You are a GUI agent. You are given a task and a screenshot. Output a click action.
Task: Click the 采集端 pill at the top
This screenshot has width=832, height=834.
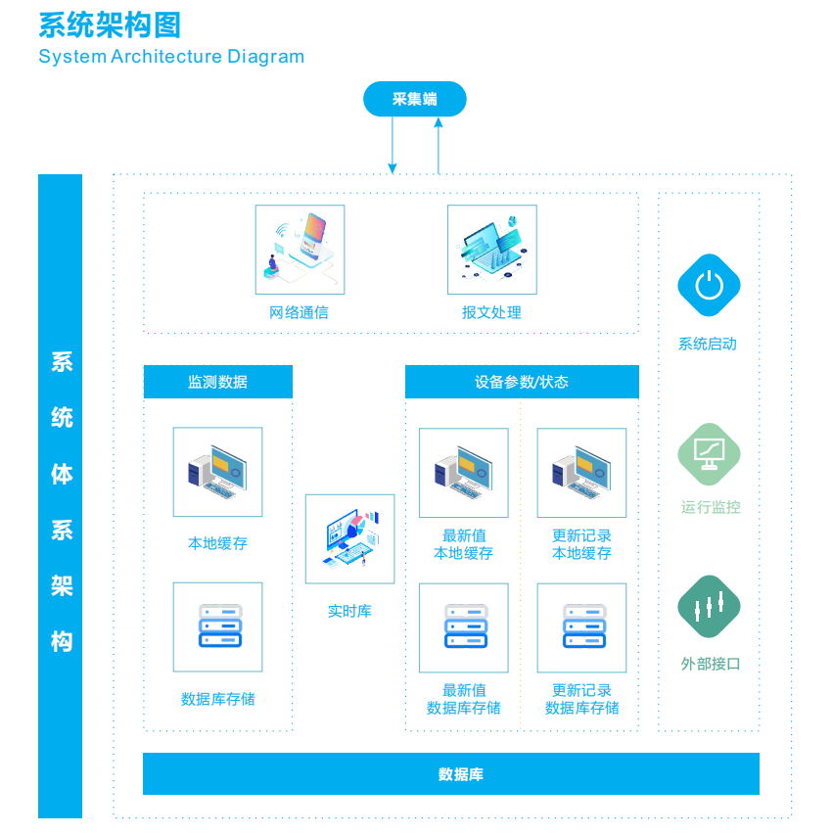click(414, 99)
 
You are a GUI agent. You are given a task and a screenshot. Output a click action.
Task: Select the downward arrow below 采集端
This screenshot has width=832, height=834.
click(393, 145)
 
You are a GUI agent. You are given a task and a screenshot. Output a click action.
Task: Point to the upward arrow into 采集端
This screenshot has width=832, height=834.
click(439, 146)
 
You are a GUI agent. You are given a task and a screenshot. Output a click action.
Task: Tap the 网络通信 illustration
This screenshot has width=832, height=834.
click(300, 250)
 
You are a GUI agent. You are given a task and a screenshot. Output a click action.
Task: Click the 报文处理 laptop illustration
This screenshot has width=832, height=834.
click(492, 250)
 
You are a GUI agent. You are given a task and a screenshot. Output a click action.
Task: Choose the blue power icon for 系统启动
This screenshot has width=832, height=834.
click(709, 285)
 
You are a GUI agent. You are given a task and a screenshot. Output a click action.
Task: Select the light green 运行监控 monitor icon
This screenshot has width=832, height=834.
click(709, 454)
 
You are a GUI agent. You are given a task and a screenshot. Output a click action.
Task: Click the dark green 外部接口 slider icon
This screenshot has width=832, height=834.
click(709, 606)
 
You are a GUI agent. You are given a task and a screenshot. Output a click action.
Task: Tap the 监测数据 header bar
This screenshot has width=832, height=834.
click(218, 382)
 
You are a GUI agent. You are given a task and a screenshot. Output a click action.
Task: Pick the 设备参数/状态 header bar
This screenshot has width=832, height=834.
click(522, 382)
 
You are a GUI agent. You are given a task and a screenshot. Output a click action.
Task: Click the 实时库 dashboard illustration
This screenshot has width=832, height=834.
click(350, 538)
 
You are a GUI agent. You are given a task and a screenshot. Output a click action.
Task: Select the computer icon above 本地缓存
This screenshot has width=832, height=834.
click(217, 472)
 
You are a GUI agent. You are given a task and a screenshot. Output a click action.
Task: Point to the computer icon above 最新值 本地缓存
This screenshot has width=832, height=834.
click(464, 473)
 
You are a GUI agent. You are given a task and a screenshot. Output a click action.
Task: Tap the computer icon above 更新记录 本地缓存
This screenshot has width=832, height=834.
click(582, 473)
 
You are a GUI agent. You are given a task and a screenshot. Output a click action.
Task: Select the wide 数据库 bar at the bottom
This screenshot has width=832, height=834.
click(451, 774)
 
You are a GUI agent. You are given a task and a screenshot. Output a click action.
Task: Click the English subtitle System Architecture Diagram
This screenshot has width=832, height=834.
click(171, 57)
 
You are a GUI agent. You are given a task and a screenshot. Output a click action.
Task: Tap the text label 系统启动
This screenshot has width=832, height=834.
click(708, 345)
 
